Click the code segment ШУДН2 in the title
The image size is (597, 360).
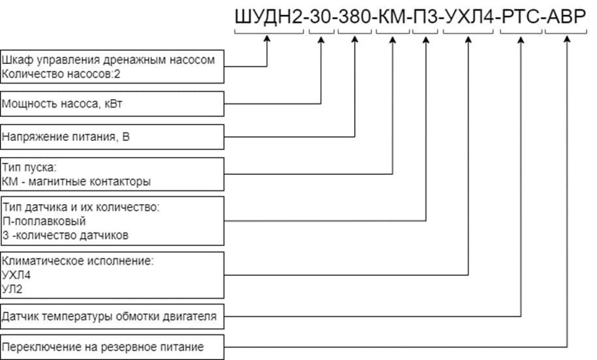pos(268,17)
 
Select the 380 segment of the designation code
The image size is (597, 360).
pos(354,17)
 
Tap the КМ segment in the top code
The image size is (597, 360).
pos(393,17)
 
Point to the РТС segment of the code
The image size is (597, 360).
pos(521,17)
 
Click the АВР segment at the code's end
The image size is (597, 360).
pos(566,17)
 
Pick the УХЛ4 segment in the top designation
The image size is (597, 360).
pos(468,17)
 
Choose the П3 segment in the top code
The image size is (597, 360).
pos(425,17)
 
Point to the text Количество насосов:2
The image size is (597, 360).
pos(61,74)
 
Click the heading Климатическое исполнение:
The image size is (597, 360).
pos(78,262)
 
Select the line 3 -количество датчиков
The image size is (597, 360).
pos(65,233)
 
